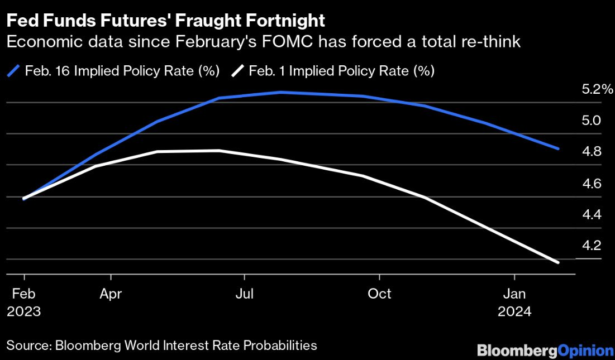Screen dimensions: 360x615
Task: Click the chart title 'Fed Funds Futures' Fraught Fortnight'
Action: point(166,21)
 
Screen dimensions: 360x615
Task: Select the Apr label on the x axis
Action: point(111,294)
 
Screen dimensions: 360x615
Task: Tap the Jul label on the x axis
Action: point(244,294)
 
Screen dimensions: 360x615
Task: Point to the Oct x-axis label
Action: point(379,294)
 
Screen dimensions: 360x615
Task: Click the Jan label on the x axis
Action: point(514,294)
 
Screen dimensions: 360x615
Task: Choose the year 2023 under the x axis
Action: point(25,311)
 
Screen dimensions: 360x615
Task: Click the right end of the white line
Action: point(557,262)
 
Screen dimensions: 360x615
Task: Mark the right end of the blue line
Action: point(557,148)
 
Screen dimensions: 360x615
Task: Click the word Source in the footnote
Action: point(27,346)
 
